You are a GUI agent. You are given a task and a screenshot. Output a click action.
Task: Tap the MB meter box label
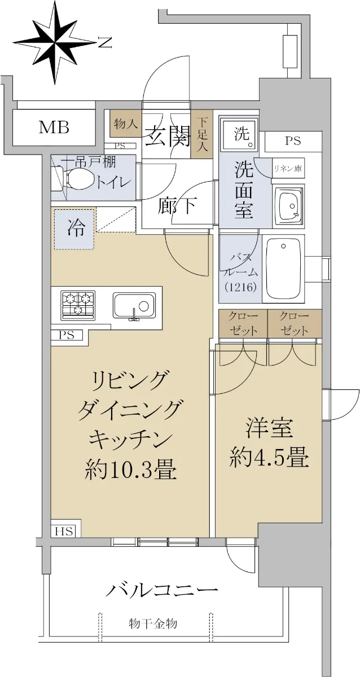tap(54, 128)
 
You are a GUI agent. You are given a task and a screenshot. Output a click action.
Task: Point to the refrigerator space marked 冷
tap(74, 230)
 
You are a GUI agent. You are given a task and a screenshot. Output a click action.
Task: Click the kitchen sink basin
tap(134, 305)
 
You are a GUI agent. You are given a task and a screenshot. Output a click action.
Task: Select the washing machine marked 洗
tap(240, 134)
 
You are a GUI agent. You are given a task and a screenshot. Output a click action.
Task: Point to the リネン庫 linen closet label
tap(288, 169)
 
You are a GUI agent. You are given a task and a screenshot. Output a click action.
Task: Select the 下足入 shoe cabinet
tap(203, 135)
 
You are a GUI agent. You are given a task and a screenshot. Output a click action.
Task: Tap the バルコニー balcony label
tap(162, 589)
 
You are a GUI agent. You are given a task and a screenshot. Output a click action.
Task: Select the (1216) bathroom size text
tap(240, 287)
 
